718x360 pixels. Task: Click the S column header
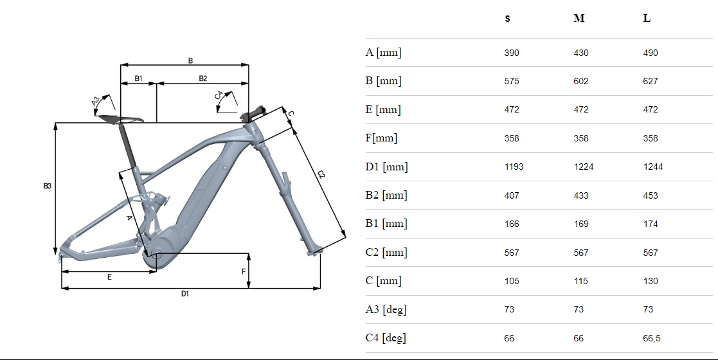click(507, 19)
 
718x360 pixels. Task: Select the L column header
click(647, 19)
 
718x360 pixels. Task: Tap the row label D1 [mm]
click(386, 167)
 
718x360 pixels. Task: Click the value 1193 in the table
click(514, 167)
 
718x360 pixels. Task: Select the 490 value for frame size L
click(651, 53)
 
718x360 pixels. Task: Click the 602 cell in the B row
click(581, 81)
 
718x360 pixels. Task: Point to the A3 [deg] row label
click(386, 310)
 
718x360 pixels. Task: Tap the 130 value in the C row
click(651, 281)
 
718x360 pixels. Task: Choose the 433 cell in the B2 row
click(581, 195)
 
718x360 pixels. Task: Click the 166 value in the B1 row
click(512, 224)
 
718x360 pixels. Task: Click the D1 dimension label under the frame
click(184, 294)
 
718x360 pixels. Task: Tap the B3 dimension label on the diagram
click(47, 186)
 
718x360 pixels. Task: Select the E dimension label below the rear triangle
click(109, 277)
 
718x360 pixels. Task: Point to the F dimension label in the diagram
click(244, 271)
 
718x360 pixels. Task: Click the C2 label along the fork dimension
click(321, 175)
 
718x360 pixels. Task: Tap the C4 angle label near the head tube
click(220, 97)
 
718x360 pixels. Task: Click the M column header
click(579, 19)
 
